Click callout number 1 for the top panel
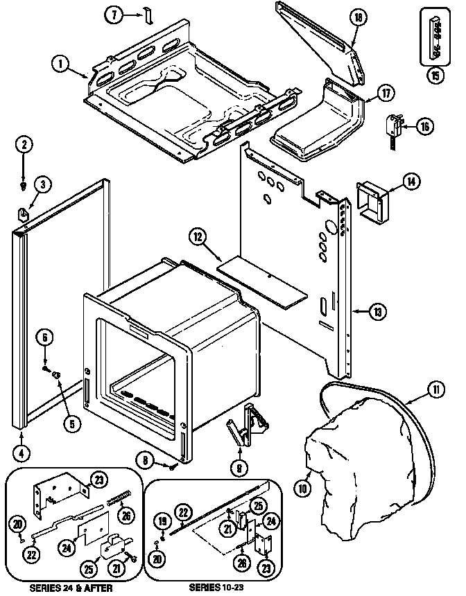click(61, 64)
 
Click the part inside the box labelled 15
click(435, 35)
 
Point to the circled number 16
click(424, 125)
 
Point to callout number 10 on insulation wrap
click(303, 487)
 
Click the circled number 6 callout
click(46, 338)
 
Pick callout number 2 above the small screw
click(25, 145)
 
